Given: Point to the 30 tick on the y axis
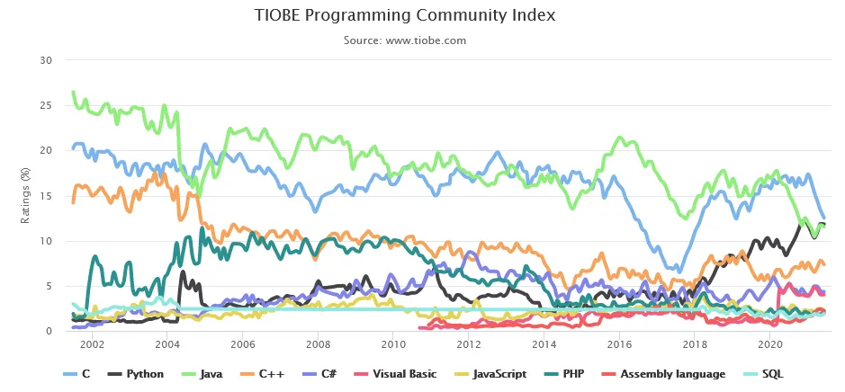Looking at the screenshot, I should pos(47,60).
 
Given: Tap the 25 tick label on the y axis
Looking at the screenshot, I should pos(47,105).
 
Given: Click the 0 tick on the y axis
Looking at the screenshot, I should pos(50,331).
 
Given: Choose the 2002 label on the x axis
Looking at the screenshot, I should pos(93,344).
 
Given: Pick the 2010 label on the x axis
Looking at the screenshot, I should pos(393,344).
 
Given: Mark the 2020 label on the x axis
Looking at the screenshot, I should pos(769,344).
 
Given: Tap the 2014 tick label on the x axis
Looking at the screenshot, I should pos(544,344).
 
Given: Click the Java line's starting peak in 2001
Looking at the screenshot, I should pos(73,92).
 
